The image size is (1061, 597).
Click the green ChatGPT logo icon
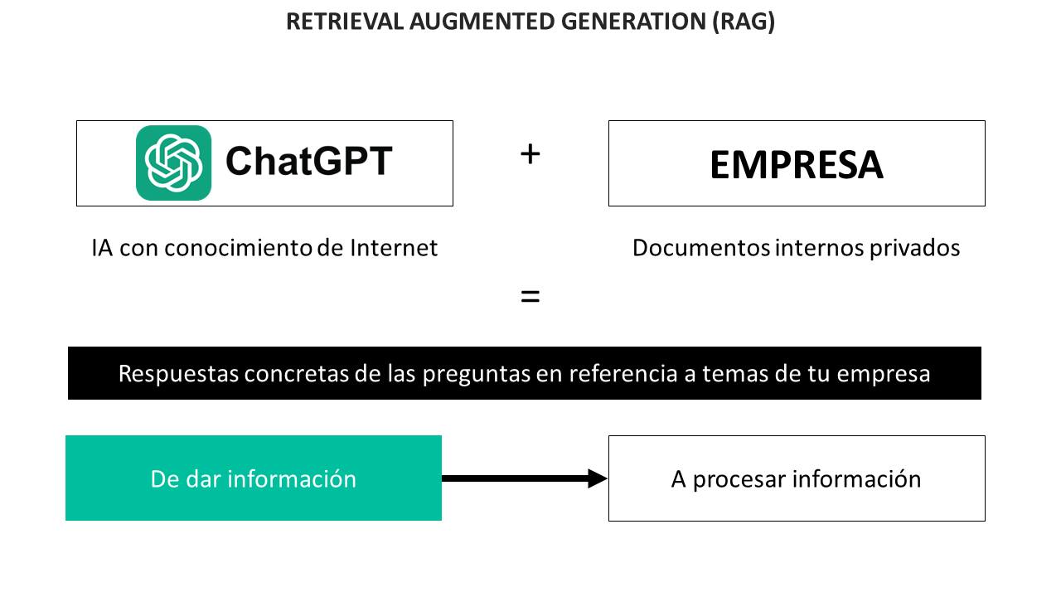[173, 163]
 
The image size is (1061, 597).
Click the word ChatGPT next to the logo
[309, 161]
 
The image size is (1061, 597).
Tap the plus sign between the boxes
[530, 154]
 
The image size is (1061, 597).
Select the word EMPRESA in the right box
[797, 165]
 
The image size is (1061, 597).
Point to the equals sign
[530, 297]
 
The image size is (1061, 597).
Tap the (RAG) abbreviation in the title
[744, 22]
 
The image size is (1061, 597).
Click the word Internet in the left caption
[394, 248]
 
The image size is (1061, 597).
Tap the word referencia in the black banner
[623, 373]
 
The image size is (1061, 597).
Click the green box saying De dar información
[254, 478]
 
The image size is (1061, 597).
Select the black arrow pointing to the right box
[525, 478]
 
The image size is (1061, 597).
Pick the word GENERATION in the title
[634, 22]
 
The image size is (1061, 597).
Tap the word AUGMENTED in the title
[482, 22]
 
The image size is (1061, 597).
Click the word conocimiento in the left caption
[238, 248]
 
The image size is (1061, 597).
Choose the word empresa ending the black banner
[884, 374]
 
